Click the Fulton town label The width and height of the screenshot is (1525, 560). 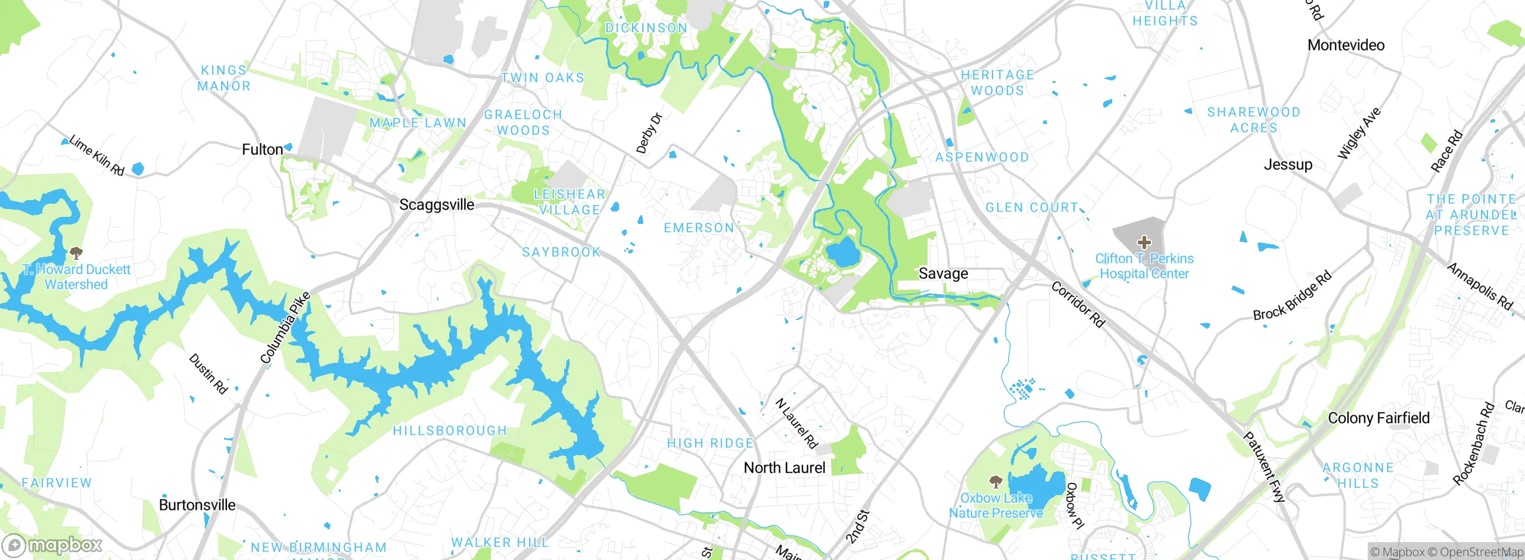click(262, 150)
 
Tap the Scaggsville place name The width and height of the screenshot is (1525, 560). click(437, 205)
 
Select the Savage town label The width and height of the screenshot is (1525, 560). click(943, 273)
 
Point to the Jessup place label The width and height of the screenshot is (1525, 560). click(1288, 164)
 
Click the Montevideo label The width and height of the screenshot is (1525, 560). click(1346, 45)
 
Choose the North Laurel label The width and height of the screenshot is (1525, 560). click(785, 468)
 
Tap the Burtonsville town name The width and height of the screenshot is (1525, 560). click(197, 505)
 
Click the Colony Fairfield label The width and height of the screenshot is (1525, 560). click(1378, 418)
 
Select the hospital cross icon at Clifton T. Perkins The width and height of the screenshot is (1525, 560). click(1144, 242)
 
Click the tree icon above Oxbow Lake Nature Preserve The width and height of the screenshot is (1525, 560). click(995, 481)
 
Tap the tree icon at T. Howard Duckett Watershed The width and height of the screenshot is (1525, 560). click(76, 253)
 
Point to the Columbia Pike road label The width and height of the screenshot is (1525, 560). click(285, 328)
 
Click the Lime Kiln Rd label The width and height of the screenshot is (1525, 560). click(97, 155)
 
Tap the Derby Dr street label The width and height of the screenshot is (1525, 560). click(649, 133)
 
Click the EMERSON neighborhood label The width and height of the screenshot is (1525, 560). click(699, 228)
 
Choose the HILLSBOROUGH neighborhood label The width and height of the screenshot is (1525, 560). click(450, 431)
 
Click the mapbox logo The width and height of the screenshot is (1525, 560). click(52, 545)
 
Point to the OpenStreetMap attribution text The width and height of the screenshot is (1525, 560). click(1481, 552)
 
